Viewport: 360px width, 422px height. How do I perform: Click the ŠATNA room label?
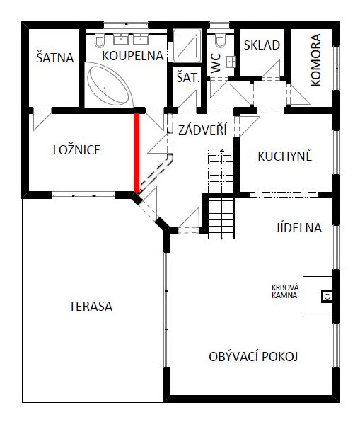(55, 57)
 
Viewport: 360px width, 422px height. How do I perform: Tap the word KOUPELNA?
(133, 55)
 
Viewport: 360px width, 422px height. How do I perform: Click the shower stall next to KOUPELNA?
(187, 46)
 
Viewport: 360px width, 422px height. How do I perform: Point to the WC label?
(216, 63)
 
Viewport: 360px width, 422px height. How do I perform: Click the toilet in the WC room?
(220, 40)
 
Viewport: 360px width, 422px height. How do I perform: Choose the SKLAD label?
(262, 45)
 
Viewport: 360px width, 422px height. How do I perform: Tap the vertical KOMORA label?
(316, 59)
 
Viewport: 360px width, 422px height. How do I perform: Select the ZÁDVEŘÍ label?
(202, 130)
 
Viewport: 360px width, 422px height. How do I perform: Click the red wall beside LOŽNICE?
(137, 153)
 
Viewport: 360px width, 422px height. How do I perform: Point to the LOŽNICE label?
(76, 149)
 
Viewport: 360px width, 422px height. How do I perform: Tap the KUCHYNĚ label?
(285, 156)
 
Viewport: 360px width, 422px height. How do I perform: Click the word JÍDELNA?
(298, 228)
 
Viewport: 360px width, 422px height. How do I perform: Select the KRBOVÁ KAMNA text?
(285, 292)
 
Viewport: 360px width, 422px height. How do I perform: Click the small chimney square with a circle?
(327, 297)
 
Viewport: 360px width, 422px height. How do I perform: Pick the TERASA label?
(91, 307)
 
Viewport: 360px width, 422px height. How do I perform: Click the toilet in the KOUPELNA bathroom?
(100, 40)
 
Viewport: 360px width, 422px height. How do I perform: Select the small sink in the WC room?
(231, 62)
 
